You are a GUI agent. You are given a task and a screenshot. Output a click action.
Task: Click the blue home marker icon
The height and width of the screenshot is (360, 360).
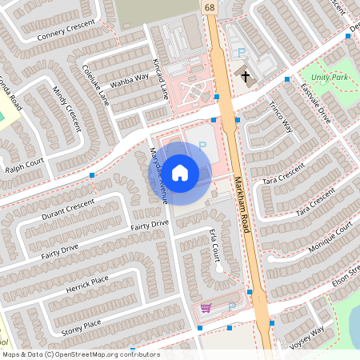(180, 173)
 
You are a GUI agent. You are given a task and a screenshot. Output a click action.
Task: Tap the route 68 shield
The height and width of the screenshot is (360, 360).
(210, 7)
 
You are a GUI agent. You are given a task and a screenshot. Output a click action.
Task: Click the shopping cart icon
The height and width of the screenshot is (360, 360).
(206, 308)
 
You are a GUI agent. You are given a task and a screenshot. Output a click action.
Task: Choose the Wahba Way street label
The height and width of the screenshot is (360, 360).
(130, 78)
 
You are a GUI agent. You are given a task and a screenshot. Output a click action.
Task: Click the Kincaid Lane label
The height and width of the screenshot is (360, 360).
(160, 78)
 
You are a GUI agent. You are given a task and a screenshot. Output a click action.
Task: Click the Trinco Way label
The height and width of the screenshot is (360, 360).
(281, 117)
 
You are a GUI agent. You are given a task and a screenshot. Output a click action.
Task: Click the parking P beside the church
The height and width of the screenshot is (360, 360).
(242, 53)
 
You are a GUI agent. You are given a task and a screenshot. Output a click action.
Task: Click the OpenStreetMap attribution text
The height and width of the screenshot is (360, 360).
(80, 354)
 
